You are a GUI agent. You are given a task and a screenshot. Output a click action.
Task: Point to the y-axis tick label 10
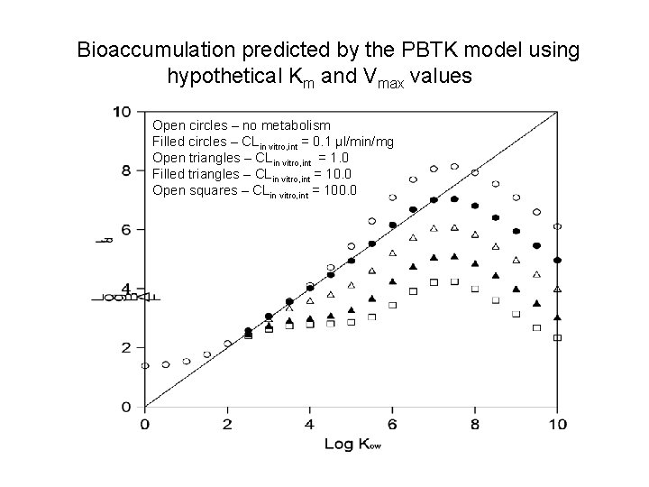tap(122, 112)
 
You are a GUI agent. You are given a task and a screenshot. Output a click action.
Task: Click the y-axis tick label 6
tap(126, 229)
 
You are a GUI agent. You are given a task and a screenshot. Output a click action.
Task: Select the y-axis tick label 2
tap(126, 347)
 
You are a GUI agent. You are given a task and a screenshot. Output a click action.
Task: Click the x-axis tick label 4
tap(310, 424)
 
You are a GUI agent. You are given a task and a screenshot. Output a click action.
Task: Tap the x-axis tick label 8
tap(475, 424)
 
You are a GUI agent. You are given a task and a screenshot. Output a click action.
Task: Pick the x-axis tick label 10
tap(557, 424)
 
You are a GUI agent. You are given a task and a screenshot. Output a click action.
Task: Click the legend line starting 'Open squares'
tap(255, 190)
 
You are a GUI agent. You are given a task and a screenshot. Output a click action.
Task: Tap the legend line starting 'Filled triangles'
tap(252, 174)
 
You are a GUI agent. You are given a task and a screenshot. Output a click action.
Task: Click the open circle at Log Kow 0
tap(145, 365)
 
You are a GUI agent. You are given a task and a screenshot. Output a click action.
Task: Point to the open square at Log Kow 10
tap(557, 337)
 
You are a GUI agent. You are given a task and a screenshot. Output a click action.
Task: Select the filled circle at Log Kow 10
tap(557, 260)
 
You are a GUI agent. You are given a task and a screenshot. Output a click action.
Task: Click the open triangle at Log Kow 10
tap(557, 289)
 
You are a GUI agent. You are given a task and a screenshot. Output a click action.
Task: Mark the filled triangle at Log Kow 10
tap(557, 317)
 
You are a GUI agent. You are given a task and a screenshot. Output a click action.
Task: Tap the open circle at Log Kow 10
tap(557, 226)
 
